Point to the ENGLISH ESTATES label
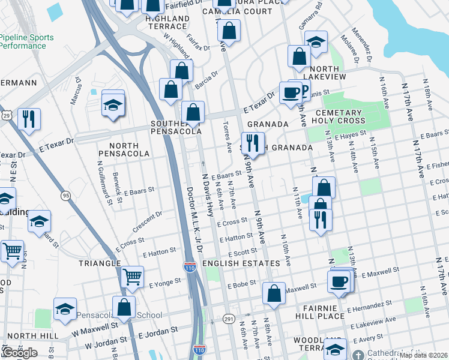point(241,263)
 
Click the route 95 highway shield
point(66,196)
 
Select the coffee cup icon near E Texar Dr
point(291,93)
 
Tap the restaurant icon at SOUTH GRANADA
point(253,143)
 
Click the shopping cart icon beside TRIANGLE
point(132,277)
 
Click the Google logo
point(19,353)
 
